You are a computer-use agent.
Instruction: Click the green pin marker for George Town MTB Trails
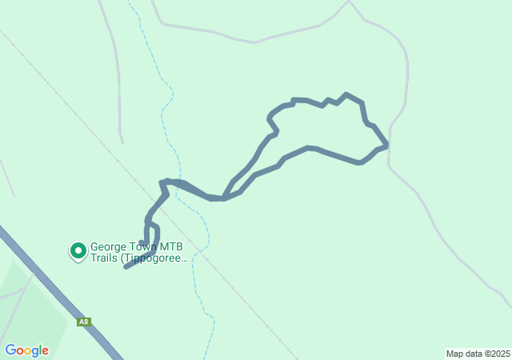tap(78, 250)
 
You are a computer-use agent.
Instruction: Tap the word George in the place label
tap(110, 247)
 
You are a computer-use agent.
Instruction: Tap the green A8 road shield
tap(84, 322)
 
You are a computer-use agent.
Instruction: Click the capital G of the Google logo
tap(10, 350)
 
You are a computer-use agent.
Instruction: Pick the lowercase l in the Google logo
tap(39, 350)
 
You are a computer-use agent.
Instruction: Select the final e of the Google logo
tap(45, 351)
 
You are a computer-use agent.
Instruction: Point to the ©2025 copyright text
tap(496, 354)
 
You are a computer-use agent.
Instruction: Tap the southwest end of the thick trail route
tap(126, 266)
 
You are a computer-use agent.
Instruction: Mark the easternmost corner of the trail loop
tap(387, 146)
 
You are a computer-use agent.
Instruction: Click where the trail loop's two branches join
tap(223, 198)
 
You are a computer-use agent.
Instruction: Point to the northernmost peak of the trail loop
tap(346, 94)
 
